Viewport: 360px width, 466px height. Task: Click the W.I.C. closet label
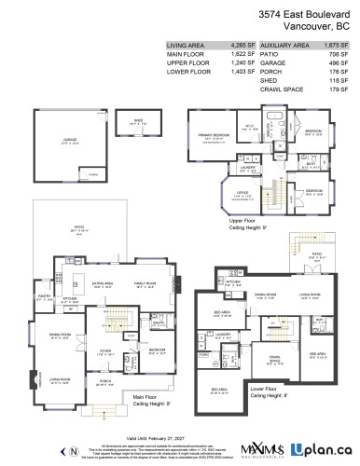click(250, 126)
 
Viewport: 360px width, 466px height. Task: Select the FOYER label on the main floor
click(106, 352)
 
